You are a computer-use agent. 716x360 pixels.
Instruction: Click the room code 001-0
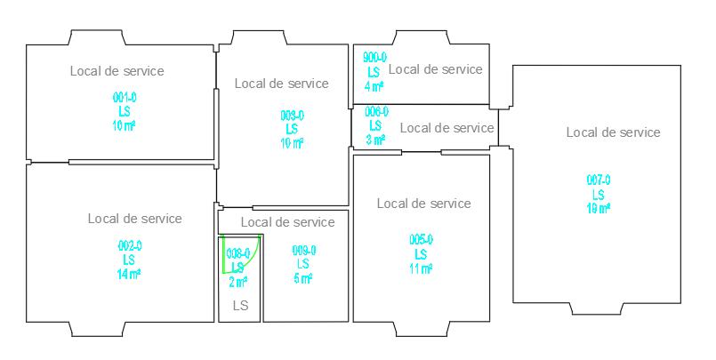[x=125, y=97]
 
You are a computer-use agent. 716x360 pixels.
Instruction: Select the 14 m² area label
[x=129, y=274]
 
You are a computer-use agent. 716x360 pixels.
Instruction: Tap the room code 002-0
[x=129, y=245]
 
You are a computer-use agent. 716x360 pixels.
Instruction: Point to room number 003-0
[x=292, y=116]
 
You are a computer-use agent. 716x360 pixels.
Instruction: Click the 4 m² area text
[x=374, y=86]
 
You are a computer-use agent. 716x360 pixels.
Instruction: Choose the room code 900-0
[x=374, y=57]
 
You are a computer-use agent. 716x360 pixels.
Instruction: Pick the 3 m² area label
[x=376, y=140]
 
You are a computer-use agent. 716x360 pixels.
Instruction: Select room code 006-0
[x=376, y=112]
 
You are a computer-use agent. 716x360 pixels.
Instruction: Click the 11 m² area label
[x=421, y=268]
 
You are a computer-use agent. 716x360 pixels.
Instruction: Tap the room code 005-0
[x=421, y=240]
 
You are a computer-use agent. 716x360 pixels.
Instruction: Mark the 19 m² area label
[x=598, y=208]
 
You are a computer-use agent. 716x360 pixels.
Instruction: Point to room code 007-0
[x=598, y=180]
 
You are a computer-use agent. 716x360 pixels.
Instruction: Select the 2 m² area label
[x=237, y=282]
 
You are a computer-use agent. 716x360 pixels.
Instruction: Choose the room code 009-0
[x=303, y=251]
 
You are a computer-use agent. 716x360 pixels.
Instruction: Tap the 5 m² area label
[x=303, y=279]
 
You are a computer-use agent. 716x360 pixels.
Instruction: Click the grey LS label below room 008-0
[x=240, y=306]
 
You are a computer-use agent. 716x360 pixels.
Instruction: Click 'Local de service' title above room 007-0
[x=613, y=132]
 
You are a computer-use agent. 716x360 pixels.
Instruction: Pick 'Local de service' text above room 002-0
[x=134, y=219]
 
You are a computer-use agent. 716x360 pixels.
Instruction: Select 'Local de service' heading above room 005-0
[x=423, y=204]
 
